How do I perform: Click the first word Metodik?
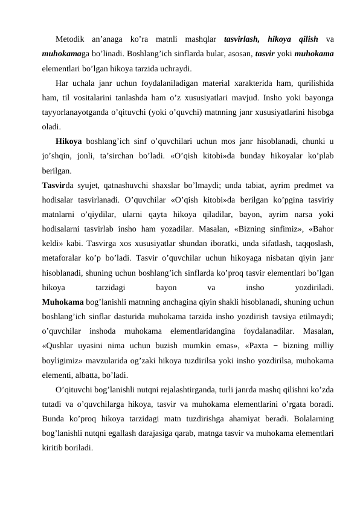(71, 40)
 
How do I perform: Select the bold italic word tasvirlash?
(241, 40)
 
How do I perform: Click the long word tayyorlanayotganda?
(81, 112)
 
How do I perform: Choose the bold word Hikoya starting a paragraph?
(69, 141)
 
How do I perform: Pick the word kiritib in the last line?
(53, 446)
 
